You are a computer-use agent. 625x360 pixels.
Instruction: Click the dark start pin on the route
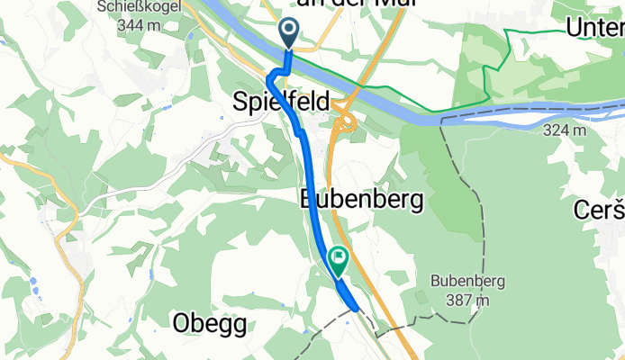pyautogui.click(x=289, y=33)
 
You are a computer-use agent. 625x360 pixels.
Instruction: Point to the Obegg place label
pyautogui.click(x=209, y=325)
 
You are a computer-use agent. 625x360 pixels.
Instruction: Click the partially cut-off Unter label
pyautogui.click(x=594, y=28)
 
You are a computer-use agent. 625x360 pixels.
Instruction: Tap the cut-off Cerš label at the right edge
pyautogui.click(x=600, y=210)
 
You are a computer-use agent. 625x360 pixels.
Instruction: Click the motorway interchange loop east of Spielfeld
pyautogui.click(x=345, y=123)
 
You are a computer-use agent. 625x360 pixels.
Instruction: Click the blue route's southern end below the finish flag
pyautogui.click(x=358, y=309)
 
